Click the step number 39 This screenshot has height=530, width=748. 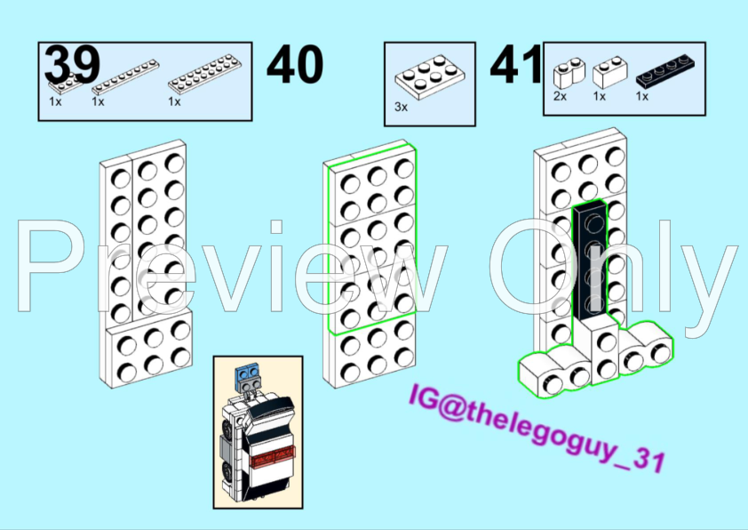72,64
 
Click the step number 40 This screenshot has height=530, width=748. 295,64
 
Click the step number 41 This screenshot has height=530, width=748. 516,64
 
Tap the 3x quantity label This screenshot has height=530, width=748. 402,107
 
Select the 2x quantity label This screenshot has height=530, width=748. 560,96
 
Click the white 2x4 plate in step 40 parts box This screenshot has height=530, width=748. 430,76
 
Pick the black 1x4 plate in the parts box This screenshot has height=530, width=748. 665,71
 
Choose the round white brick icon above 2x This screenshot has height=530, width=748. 569,73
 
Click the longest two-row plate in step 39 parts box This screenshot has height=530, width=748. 204,73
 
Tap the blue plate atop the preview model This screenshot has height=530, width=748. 248,373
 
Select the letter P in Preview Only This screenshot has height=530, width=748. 47,266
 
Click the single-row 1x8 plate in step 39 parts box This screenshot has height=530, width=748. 125,76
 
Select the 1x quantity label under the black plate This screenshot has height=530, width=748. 642,96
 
